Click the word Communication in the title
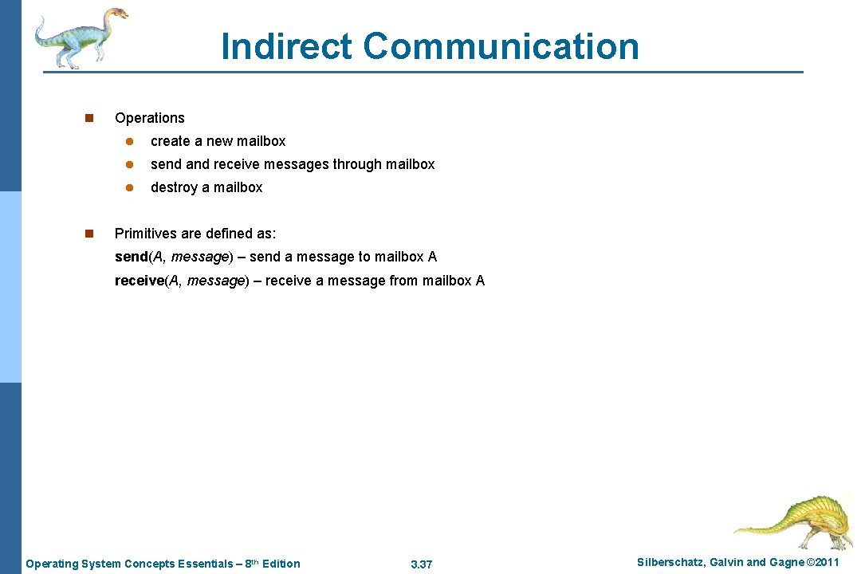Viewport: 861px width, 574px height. [x=501, y=46]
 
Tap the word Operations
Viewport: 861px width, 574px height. [x=149, y=118]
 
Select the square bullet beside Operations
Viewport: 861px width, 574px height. [x=88, y=118]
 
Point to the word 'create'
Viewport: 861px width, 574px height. [x=170, y=141]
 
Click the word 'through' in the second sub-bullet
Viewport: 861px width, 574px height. [x=357, y=164]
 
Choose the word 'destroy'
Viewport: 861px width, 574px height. [x=174, y=187]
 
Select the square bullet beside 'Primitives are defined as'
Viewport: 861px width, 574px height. [x=88, y=234]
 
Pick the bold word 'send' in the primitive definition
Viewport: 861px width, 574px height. [x=132, y=257]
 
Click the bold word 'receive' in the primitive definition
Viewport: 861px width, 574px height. [x=139, y=281]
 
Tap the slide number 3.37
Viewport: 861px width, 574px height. [x=421, y=564]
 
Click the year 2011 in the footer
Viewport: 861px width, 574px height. [x=824, y=563]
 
